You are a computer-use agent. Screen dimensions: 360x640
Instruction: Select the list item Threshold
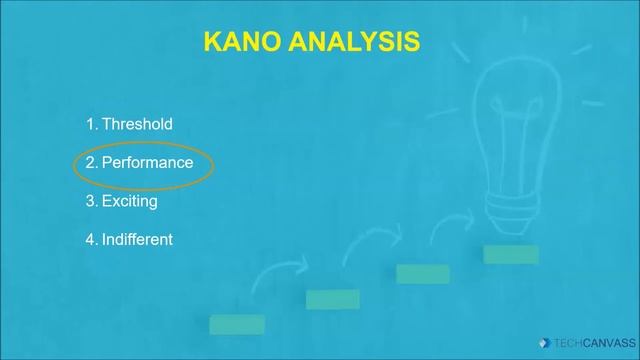(x=137, y=124)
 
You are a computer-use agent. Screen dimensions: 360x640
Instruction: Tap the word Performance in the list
(x=147, y=162)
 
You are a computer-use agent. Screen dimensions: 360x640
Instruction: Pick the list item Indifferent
(x=137, y=239)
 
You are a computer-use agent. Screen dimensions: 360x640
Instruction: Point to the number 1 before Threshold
(x=90, y=124)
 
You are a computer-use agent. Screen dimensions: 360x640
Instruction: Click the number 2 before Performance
(x=90, y=162)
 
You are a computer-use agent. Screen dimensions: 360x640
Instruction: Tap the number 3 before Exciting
(x=90, y=201)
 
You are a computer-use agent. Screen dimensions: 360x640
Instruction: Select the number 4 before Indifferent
(x=90, y=239)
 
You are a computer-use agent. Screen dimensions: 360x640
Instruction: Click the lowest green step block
(x=237, y=324)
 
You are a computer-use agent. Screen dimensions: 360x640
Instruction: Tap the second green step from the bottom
(x=332, y=299)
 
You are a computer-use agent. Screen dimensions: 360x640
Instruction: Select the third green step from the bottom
(x=422, y=274)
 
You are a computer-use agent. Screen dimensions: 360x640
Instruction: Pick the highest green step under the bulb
(x=511, y=255)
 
